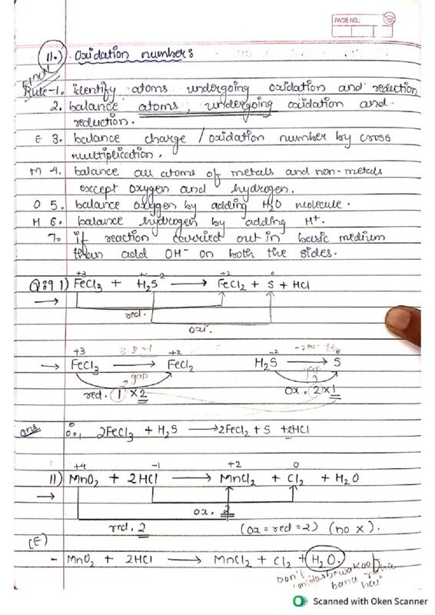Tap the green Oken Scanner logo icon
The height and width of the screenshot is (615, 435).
coord(300,601)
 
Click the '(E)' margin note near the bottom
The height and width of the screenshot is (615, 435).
coord(39,543)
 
